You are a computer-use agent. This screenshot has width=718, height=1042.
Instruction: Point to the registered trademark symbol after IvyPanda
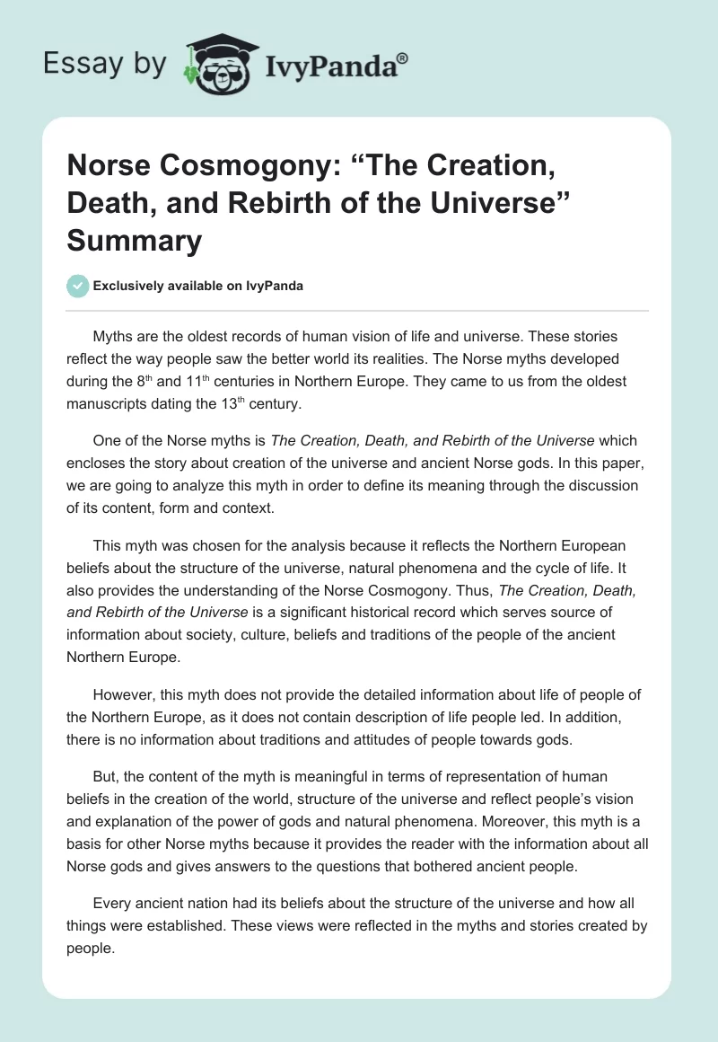[402, 59]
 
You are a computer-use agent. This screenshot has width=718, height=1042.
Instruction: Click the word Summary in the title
[134, 242]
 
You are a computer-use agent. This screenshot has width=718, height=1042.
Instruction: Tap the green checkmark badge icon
[77, 286]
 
